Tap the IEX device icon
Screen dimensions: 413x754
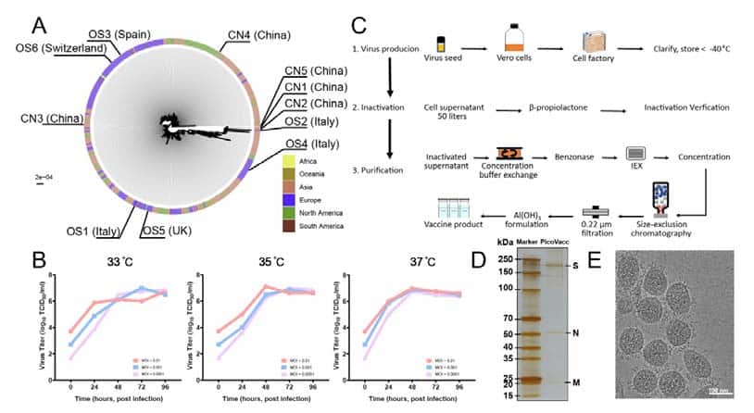tap(636, 153)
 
